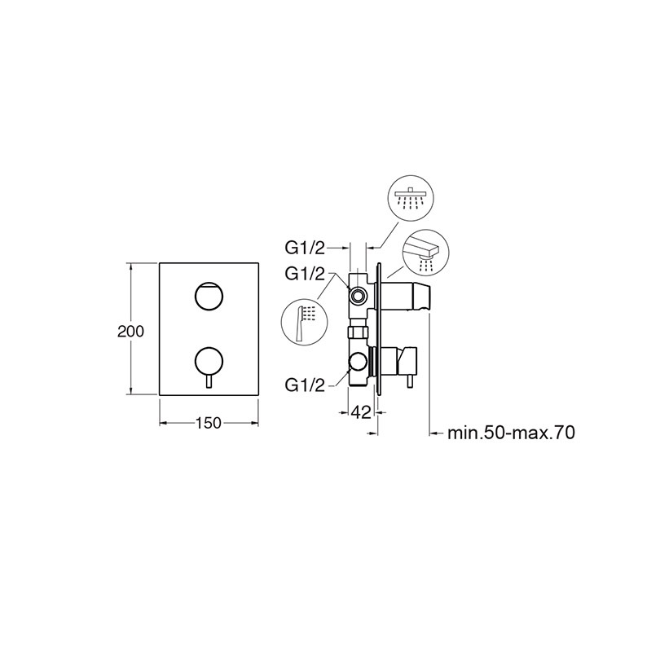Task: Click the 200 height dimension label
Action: (x=130, y=332)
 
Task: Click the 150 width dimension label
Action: (x=209, y=423)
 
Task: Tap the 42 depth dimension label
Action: (x=361, y=413)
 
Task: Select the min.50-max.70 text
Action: (x=511, y=433)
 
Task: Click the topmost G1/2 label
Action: (x=306, y=249)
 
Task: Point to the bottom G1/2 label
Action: (x=306, y=385)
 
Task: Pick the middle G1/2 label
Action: (x=306, y=275)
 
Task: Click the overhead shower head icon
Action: (x=411, y=199)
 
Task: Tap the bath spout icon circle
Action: (x=425, y=253)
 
